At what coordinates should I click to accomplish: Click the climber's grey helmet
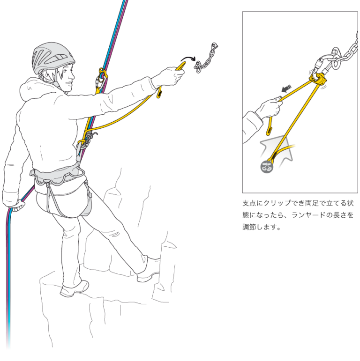coord(53,57)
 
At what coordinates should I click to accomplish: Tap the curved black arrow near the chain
coord(188,59)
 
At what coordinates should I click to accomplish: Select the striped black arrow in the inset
coord(286,88)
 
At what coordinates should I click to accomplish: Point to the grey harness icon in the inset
coord(267,167)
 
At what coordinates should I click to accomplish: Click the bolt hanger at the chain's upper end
coord(214,46)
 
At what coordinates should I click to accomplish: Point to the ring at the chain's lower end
coord(198,67)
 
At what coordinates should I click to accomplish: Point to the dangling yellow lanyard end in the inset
coord(270,126)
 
